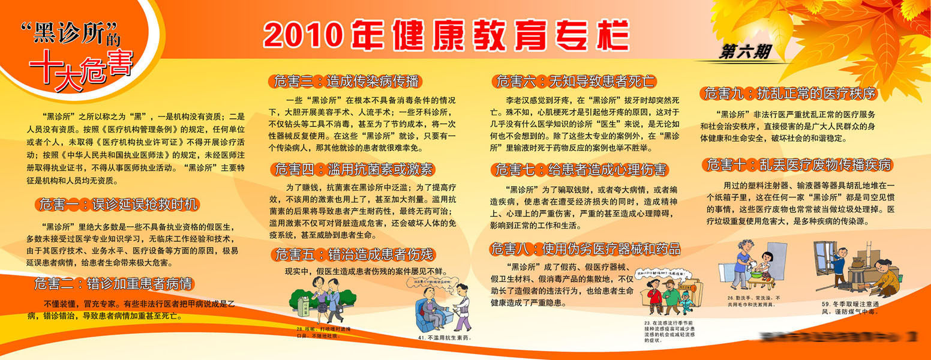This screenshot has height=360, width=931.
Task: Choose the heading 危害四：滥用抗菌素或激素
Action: point(354,169)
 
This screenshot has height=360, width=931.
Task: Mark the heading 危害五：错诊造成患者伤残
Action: point(354,254)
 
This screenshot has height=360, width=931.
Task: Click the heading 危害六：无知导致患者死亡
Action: point(575,81)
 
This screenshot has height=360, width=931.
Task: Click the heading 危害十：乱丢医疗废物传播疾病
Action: point(798,164)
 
